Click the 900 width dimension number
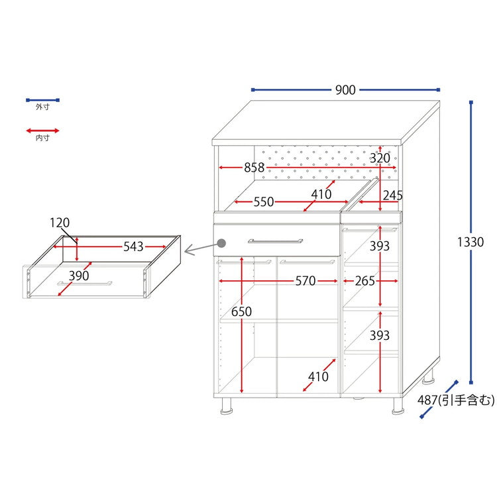point(345,90)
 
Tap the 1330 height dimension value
point(470,242)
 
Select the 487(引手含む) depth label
point(456,400)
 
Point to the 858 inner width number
point(254,168)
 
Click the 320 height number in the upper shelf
point(380,158)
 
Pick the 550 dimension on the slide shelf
point(264,202)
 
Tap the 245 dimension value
point(392,195)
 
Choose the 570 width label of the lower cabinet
point(305,281)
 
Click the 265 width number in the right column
point(365,281)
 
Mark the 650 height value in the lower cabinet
point(241,311)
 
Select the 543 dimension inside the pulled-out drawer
point(133,247)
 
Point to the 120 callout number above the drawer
point(60,223)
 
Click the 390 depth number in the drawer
point(79,276)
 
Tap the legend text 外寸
point(42,107)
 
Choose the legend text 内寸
point(42,138)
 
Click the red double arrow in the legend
point(42,131)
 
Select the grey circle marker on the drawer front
point(221,243)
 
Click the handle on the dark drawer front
point(276,241)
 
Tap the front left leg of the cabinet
point(227,406)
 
